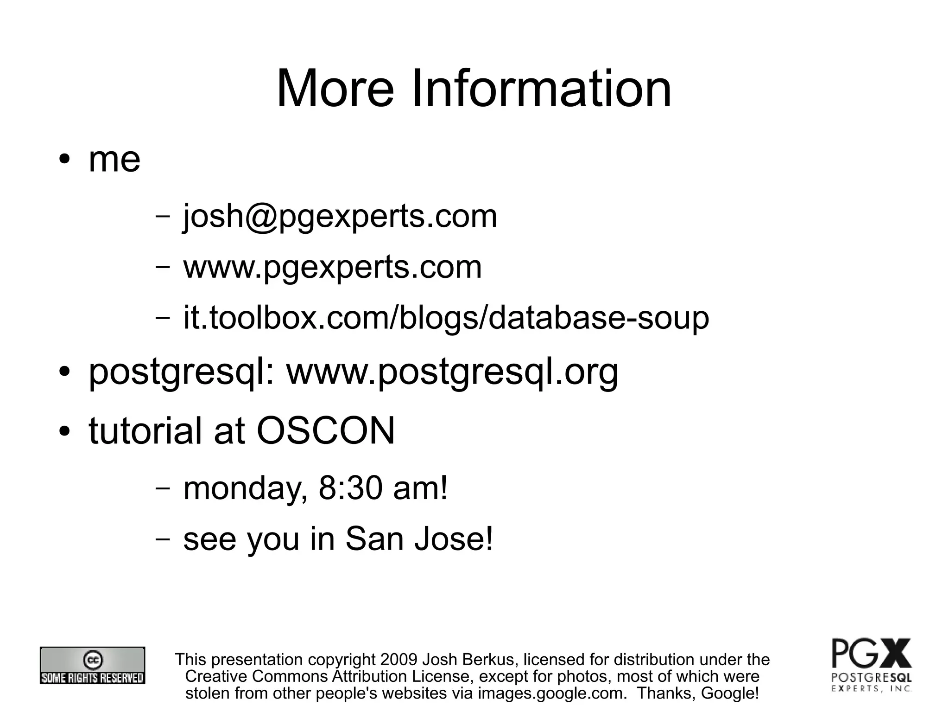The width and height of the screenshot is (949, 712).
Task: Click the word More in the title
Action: [335, 88]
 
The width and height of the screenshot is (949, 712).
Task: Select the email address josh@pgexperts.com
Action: [340, 216]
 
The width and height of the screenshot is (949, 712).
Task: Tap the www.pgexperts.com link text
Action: [332, 267]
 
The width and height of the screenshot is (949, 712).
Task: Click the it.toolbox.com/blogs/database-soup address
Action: [446, 318]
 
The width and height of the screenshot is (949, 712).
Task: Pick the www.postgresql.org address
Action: [452, 372]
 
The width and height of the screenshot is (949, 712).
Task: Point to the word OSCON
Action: [325, 431]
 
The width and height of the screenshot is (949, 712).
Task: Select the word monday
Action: [245, 489]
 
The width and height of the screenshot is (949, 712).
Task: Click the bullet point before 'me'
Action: [64, 160]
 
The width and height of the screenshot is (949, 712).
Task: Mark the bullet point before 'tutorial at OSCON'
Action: [64, 432]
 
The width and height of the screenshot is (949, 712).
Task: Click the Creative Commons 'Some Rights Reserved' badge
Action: [92, 665]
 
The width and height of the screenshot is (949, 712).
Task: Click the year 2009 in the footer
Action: [399, 659]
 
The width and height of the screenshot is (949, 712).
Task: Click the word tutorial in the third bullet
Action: [146, 431]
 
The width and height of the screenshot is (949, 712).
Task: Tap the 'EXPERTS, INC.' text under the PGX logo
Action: [872, 689]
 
